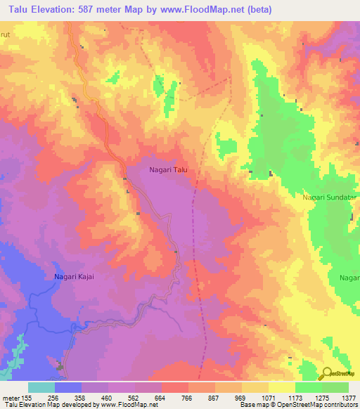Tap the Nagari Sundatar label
pyautogui.click(x=330, y=199)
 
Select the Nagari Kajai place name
pyautogui.click(x=74, y=276)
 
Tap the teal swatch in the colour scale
pyautogui.click(x=41, y=387)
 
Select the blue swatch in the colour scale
pyautogui.click(x=68, y=387)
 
